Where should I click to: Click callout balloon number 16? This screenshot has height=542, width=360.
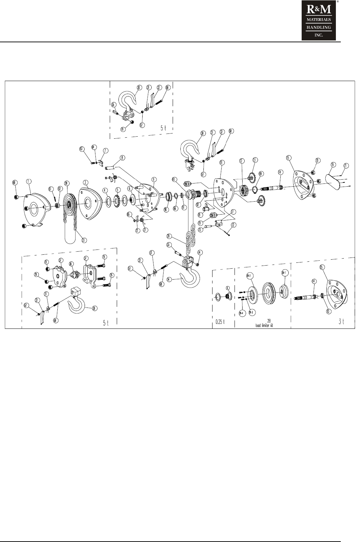(x=332, y=164)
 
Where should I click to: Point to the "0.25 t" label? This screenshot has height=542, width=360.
(x=222, y=322)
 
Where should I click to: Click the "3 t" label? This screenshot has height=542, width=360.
(x=342, y=322)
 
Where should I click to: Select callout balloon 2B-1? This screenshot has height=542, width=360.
(x=283, y=272)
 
